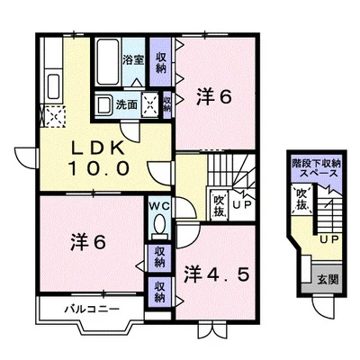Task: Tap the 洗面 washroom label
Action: tap(127, 103)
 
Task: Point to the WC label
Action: tap(159, 206)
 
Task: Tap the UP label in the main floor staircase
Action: tap(242, 205)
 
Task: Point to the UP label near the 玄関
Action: tap(328, 240)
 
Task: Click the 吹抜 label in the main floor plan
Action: tap(218, 203)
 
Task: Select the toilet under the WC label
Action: tap(159, 225)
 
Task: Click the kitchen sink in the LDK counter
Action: tap(51, 88)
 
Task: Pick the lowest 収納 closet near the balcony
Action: tap(159, 292)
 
